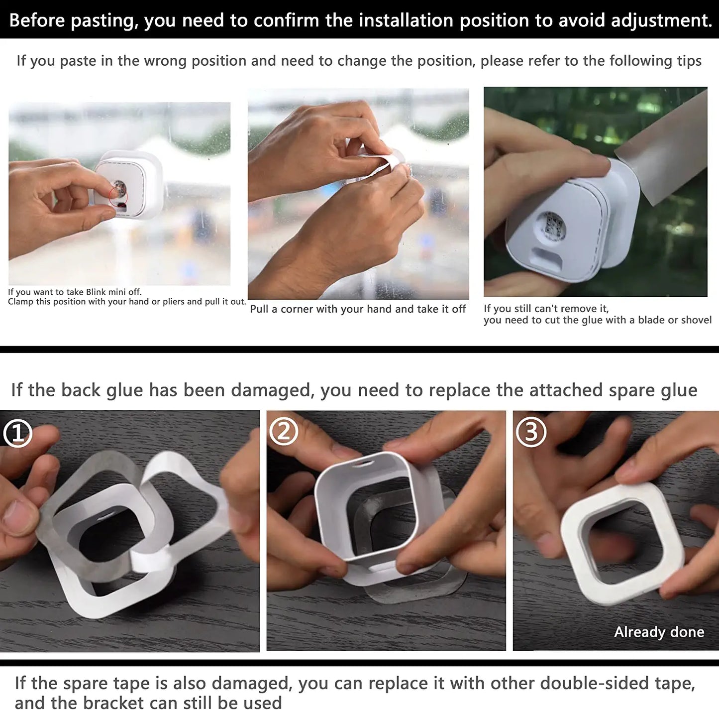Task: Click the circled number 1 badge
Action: [18, 433]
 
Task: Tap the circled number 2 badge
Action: [284, 431]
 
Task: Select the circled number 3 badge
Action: [530, 432]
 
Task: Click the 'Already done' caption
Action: [659, 632]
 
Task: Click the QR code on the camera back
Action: [553, 226]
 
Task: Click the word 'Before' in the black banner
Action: [37, 20]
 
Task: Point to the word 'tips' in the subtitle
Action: [689, 61]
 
